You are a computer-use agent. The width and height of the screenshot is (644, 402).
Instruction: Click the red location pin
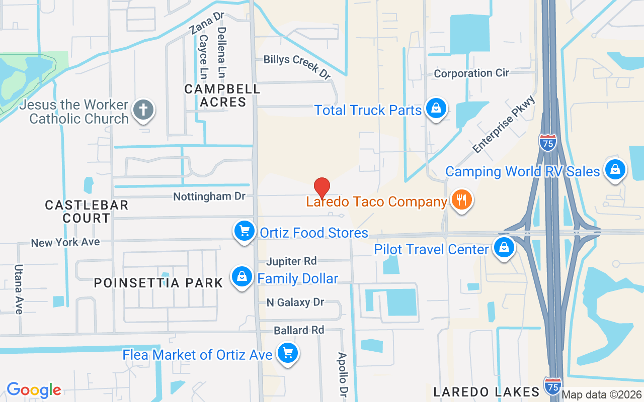(x=322, y=188)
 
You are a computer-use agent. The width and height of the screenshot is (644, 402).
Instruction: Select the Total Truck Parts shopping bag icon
(x=436, y=109)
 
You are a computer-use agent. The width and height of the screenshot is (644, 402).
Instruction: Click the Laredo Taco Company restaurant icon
(x=461, y=200)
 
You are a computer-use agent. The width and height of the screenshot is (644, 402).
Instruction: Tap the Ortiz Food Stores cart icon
(x=245, y=232)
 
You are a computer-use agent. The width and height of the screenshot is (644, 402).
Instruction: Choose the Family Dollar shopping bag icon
(x=242, y=277)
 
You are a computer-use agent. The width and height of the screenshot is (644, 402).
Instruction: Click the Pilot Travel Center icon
(x=503, y=248)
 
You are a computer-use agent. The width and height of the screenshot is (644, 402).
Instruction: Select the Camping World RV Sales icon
(x=615, y=170)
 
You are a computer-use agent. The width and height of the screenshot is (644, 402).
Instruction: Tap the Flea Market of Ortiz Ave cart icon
(x=288, y=354)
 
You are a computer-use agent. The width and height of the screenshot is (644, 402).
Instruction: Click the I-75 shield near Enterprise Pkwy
(x=548, y=143)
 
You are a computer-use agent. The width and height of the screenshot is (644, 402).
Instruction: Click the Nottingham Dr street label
(x=209, y=196)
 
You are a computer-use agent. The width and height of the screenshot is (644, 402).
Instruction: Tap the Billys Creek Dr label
(x=297, y=66)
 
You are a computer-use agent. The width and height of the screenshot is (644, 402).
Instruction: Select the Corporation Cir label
(x=471, y=73)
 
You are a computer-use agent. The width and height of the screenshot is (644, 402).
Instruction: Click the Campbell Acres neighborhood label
(x=222, y=95)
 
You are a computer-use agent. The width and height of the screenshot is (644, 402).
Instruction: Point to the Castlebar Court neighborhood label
(x=87, y=212)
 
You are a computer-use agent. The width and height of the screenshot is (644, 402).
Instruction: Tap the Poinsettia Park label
(x=158, y=283)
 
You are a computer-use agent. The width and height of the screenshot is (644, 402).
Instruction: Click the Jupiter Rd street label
(x=292, y=261)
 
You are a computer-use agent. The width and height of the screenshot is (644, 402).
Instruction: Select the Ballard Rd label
(x=299, y=330)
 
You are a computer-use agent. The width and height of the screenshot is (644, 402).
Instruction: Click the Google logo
(x=34, y=390)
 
